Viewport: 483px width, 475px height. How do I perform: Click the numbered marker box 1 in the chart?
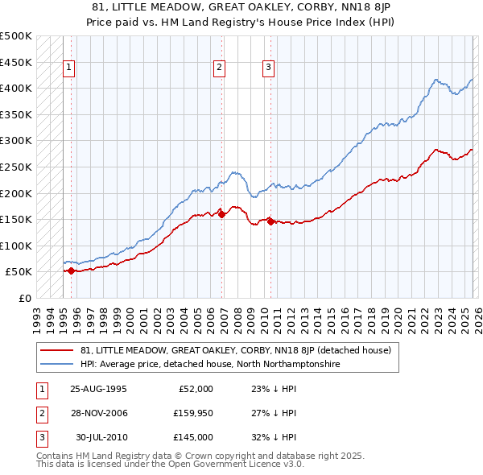[70, 68]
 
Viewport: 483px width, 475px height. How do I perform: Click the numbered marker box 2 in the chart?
[219, 68]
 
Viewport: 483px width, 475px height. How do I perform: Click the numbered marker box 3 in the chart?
[268, 68]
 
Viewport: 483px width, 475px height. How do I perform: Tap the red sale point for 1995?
[71, 271]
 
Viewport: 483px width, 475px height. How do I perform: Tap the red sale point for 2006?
[221, 214]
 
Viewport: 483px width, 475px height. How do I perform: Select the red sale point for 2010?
[270, 221]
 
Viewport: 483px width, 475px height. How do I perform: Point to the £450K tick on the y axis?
[16, 62]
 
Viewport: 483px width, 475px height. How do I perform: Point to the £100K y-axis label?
[16, 246]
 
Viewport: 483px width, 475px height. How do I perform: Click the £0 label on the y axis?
[24, 298]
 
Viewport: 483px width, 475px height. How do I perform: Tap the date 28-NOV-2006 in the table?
[98, 413]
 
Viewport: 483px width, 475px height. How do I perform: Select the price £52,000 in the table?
[195, 389]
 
